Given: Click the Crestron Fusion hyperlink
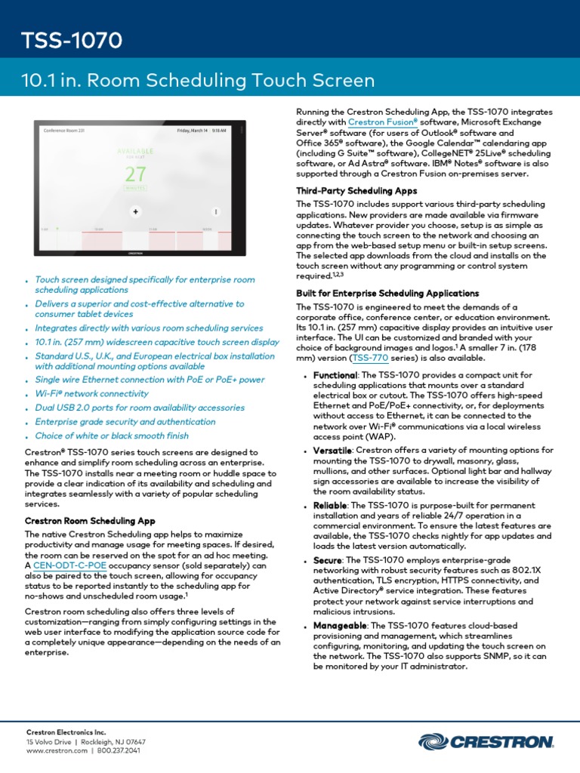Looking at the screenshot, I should coord(383,122).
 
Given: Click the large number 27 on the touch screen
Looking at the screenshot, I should coord(136,174).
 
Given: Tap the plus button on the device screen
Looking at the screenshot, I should coord(136,211).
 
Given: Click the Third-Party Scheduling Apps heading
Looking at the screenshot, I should coord(356,191).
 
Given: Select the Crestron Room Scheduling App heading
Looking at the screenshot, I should coord(90,521).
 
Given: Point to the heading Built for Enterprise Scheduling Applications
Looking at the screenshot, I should coord(387,293).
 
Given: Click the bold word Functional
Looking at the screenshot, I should coord(335,375).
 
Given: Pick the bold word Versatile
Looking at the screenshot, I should coord(332,450).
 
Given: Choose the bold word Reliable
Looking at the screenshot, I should coord(330,505).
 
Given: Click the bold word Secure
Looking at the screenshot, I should coord(328,561).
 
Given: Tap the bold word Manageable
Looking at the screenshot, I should coord(340,627).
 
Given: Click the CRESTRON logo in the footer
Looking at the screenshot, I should coord(483,742).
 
